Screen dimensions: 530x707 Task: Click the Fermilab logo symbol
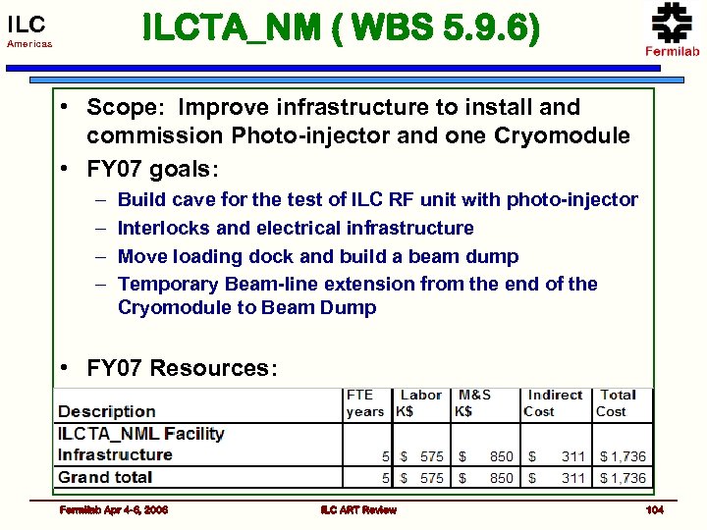[672, 22]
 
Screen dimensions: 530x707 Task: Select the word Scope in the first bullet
[119, 107]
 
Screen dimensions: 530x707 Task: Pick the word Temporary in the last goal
[167, 284]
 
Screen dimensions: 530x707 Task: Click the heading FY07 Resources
[182, 368]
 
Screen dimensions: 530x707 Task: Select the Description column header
[107, 411]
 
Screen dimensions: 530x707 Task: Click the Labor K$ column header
[419, 402]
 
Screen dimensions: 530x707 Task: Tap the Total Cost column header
[618, 402]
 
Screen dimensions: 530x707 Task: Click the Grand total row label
[105, 477]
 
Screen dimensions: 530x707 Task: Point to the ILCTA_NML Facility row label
[140, 433]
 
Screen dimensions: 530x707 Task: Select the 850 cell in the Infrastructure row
[501, 456]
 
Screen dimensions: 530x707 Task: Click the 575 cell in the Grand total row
[432, 478]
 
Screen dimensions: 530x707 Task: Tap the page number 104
[654, 510]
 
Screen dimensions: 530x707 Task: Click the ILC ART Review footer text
[358, 510]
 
